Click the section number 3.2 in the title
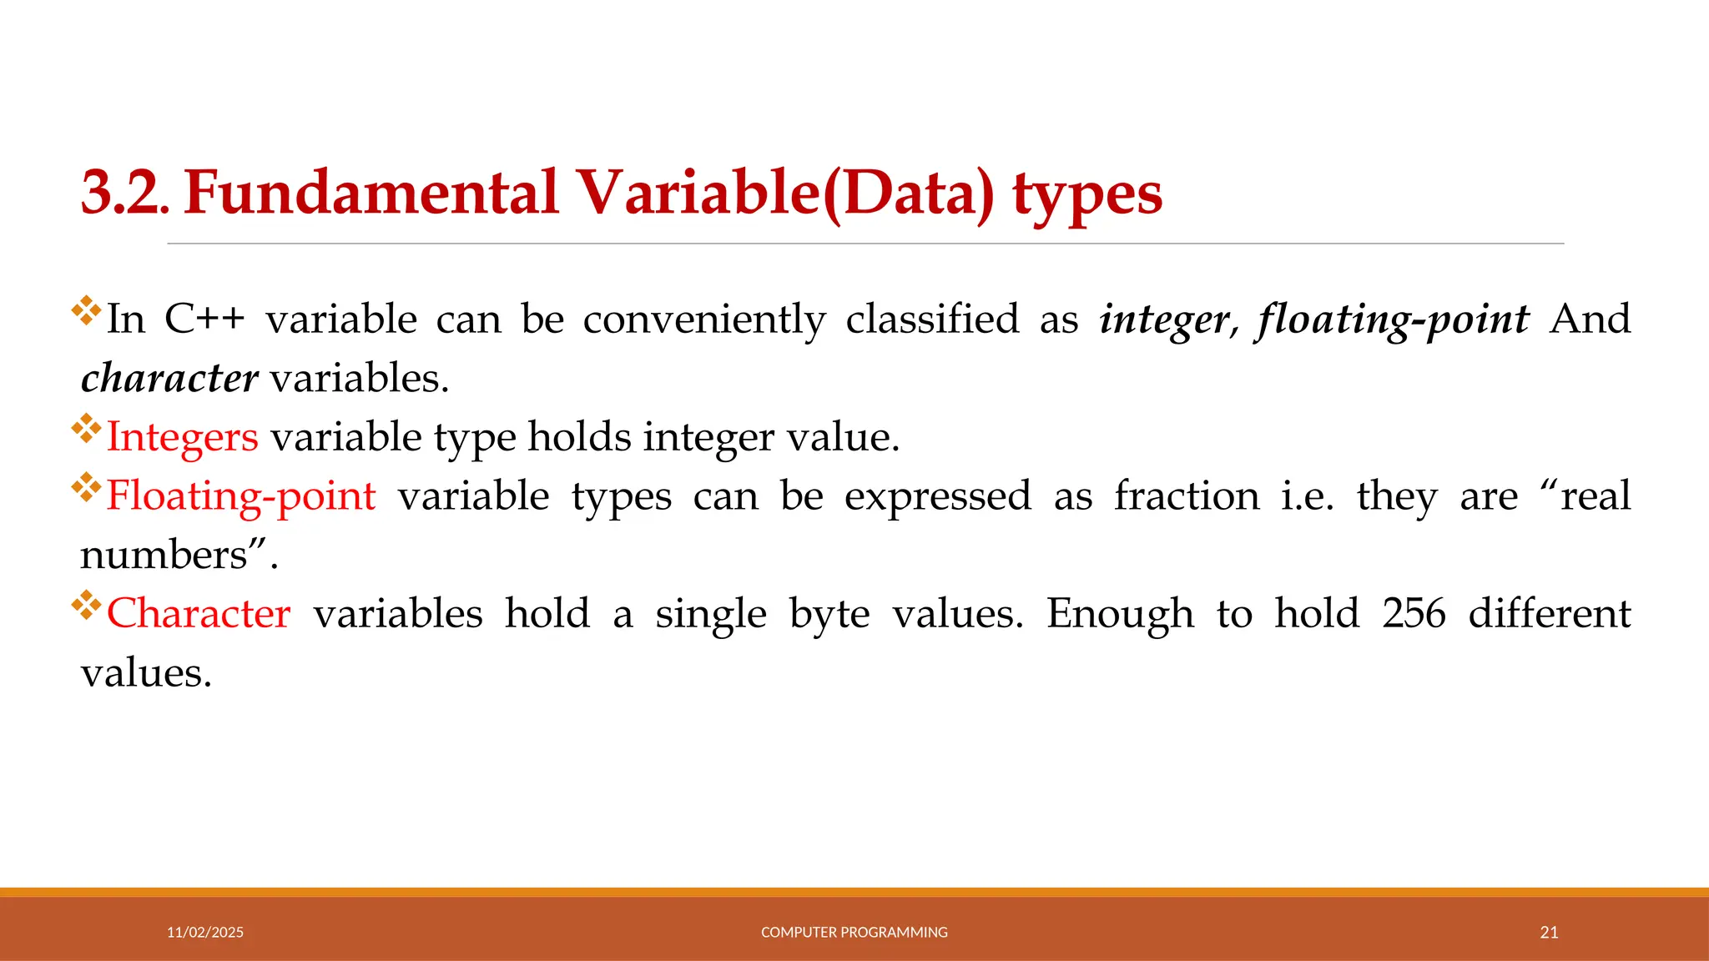[124, 194]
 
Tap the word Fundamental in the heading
[371, 194]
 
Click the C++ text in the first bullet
[204, 319]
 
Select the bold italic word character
[169, 379]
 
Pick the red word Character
[199, 615]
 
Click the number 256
[1414, 615]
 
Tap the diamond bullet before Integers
[86, 429]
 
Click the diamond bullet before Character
[86, 606]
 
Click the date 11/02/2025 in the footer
[205, 933]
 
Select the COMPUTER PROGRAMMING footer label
[854, 933]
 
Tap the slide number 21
[1549, 933]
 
